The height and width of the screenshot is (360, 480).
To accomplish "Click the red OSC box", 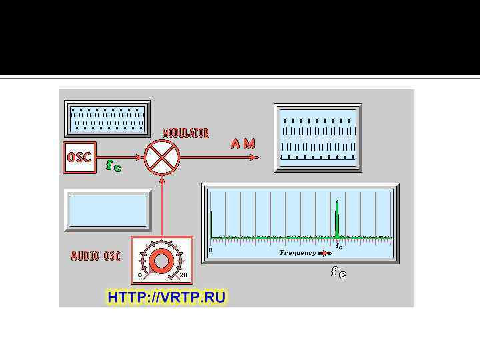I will click(79, 158).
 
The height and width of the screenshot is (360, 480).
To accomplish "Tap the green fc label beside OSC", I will click(114, 164).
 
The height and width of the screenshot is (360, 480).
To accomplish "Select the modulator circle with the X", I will click(161, 158).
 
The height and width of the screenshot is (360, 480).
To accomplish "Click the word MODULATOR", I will click(186, 133).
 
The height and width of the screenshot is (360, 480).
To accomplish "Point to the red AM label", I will click(243, 144).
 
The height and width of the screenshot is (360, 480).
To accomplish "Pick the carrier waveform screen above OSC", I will click(107, 119).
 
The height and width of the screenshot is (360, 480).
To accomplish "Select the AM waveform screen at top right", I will click(318, 138).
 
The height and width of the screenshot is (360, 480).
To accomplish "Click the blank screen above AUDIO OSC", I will click(107, 210).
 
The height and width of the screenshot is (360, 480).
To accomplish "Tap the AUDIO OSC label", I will click(95, 256).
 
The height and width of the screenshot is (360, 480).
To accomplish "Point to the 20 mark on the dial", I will click(184, 275).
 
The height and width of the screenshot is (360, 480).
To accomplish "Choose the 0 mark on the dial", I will click(140, 275).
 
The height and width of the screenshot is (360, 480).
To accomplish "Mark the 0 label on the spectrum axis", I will click(211, 249).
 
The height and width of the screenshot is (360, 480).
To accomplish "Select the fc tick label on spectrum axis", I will click(338, 247).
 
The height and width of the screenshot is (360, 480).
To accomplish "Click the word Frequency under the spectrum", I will click(297, 253).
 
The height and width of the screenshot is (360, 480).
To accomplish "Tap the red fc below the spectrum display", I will click(339, 272).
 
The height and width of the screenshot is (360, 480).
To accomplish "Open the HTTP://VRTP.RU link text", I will click(167, 297).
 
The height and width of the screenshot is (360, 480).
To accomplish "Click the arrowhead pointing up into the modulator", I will click(161, 179).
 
